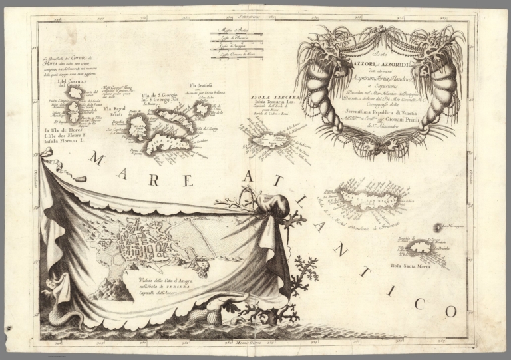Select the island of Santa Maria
point(419,248)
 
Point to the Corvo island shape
point(74,94)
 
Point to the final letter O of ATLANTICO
point(448,310)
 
